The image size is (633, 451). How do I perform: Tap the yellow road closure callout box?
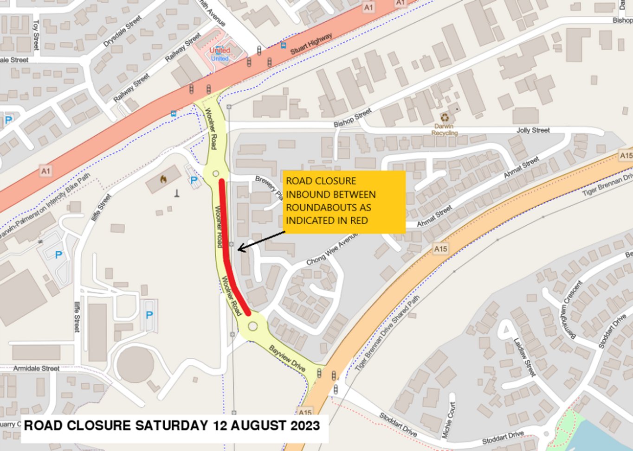click(344, 201)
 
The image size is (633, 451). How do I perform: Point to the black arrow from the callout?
click(261, 241)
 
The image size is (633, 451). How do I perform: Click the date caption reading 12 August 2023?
click(172, 426)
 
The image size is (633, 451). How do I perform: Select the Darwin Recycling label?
click(444, 129)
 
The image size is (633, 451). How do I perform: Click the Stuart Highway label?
click(311, 44)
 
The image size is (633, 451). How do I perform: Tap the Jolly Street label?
click(533, 130)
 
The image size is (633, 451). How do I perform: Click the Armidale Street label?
click(36, 368)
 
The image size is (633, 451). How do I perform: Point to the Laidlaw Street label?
click(524, 357)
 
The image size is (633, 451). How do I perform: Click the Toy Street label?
click(36, 34)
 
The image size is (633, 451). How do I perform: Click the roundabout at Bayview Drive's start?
click(252, 327)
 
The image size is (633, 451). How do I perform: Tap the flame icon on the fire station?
click(163, 179)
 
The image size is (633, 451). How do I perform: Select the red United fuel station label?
click(220, 50)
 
